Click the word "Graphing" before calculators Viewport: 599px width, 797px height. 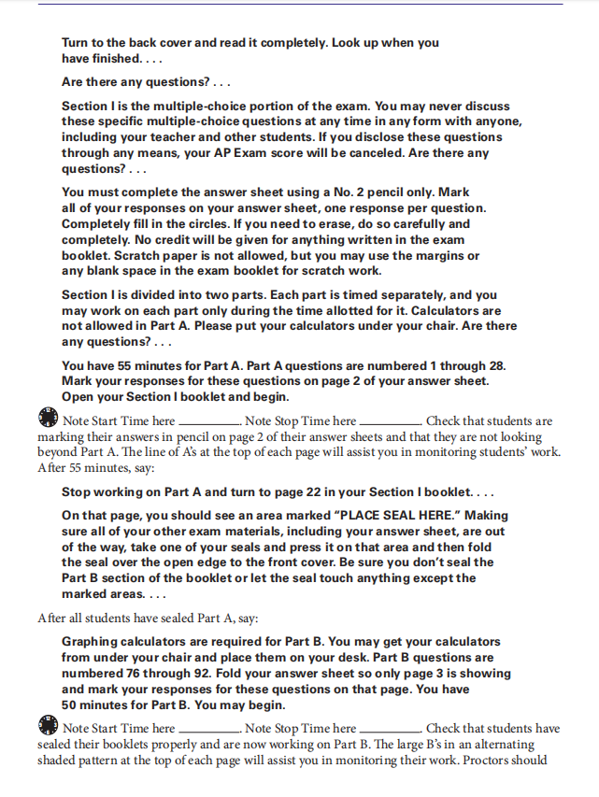point(93,642)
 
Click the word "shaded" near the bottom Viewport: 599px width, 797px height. point(58,759)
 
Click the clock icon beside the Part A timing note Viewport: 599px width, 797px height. point(48,419)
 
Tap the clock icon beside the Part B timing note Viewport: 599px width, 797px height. point(48,726)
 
